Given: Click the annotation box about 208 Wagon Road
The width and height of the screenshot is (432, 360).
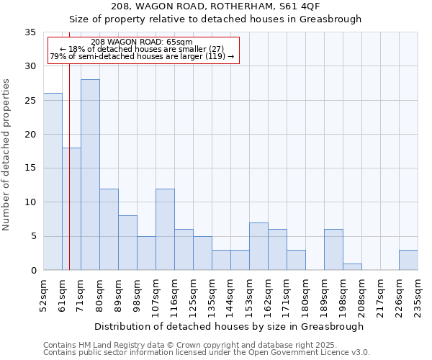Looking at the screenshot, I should click(x=143, y=50).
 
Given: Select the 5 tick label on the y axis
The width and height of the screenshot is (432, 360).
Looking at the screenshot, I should click(x=33, y=237).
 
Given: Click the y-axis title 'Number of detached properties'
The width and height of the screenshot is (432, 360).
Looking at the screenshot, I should click(x=7, y=155).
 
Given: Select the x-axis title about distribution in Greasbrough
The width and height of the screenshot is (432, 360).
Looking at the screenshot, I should click(x=229, y=326).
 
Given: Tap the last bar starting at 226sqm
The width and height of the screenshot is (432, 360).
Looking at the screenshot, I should click(x=408, y=260).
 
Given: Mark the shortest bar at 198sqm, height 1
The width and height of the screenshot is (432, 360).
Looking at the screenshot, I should click(x=352, y=267).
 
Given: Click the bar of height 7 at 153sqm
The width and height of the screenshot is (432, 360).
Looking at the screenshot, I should click(x=258, y=246).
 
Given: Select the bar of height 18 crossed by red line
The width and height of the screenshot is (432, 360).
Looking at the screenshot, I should click(x=71, y=209).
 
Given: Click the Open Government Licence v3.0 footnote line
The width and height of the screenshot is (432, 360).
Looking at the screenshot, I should click(x=207, y=353).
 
